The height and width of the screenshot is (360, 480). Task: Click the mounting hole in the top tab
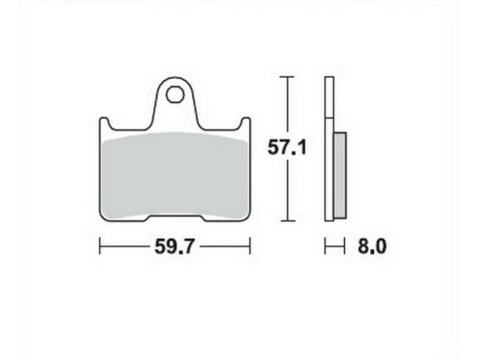(174, 95)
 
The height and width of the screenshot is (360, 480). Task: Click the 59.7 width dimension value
(174, 247)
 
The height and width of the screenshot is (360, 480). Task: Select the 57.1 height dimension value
(287, 147)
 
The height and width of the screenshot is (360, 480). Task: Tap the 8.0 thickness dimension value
(372, 247)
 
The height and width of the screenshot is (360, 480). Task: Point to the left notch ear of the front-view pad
(104, 123)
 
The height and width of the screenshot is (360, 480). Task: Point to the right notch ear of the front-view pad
(246, 123)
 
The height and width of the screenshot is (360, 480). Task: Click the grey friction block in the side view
(339, 175)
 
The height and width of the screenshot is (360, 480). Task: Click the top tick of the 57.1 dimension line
(287, 77)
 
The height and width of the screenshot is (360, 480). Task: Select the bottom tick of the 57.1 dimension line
(287, 221)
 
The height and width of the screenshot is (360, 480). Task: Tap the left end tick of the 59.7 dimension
(99, 246)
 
